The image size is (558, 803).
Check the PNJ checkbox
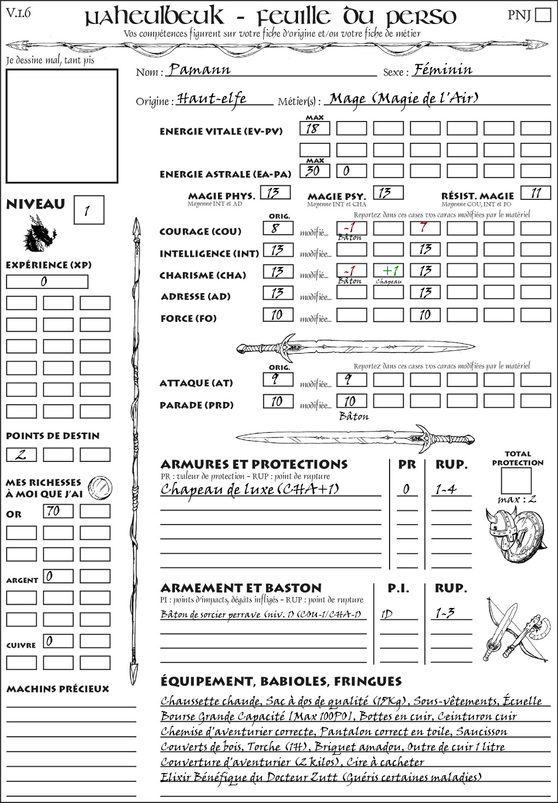pos(543,15)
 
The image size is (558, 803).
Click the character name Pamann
pos(199,70)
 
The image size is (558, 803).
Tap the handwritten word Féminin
pos(443,70)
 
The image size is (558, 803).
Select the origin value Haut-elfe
pos(212,99)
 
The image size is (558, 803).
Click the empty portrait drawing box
pos(62,126)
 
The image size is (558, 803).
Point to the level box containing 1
pos(88,210)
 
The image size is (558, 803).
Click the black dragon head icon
pos(40,234)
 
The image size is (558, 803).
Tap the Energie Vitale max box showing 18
pos(314,129)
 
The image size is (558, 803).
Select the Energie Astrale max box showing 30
pos(314,171)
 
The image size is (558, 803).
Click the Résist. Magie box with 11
pos(536,193)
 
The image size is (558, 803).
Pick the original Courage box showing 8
pos(277,228)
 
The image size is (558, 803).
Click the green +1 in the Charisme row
pos(389,271)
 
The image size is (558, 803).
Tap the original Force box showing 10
pos(277,315)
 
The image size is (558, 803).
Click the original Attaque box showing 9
pos(277,379)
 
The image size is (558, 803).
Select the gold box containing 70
pos(58,511)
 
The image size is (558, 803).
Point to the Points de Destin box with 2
pos(21,454)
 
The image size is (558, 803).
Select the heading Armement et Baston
pos(241,588)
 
